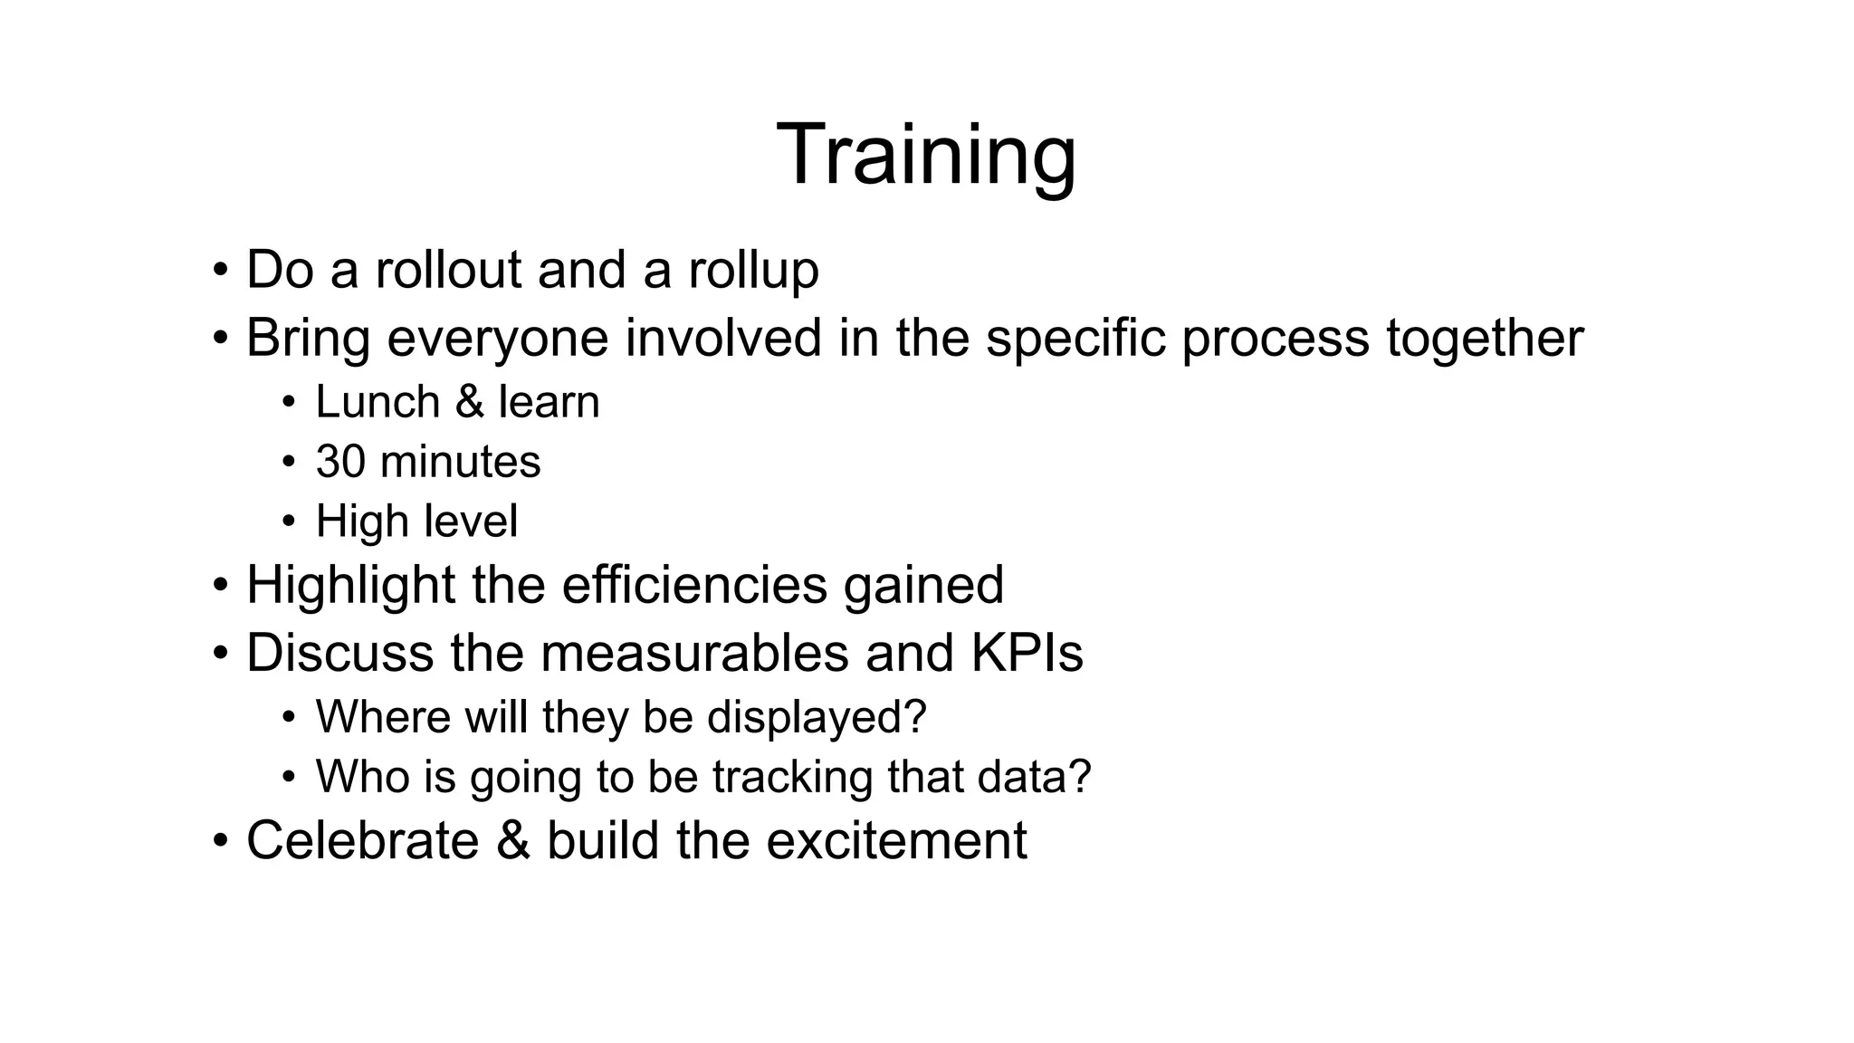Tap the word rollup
coord(753,270)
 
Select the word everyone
coord(498,338)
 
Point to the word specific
coord(1075,338)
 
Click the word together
coord(1485,338)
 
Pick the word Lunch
coord(377,401)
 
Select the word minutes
coord(461,461)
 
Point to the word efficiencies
coord(694,584)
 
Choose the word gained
coord(923,586)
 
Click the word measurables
coord(695,652)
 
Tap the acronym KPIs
coord(1027,652)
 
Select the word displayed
coord(817,717)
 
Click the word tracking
coord(792,777)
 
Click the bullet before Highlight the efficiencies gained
coord(221,585)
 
